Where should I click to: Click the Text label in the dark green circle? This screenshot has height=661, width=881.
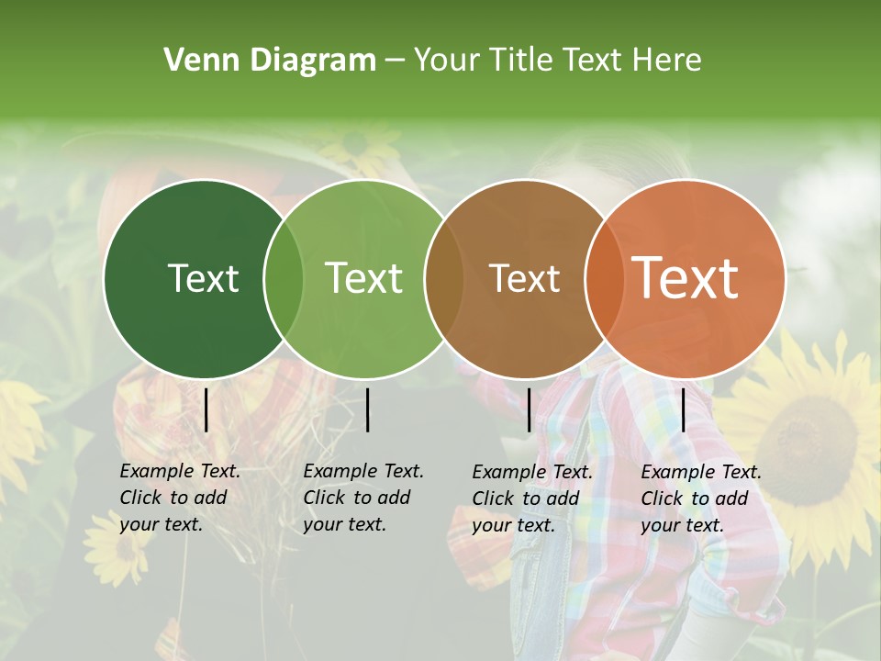pos(203,278)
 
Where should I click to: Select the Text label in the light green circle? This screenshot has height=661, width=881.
pos(364,278)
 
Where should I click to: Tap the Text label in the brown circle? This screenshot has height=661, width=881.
pos(525,278)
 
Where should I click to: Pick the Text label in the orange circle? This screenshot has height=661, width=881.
pos(686,278)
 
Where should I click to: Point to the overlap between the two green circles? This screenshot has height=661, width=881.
pos(284,278)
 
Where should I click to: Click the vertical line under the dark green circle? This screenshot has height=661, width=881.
pos(206,409)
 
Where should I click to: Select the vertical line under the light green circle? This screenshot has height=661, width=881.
pos(367,409)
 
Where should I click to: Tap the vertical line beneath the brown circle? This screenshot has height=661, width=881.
pos(530,409)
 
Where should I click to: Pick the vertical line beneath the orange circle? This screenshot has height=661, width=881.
pos(684,409)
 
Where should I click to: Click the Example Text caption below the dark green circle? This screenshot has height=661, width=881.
pos(179,498)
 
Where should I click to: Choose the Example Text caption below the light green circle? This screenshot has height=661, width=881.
pos(362,498)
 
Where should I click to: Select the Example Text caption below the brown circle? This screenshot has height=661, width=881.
pos(531,499)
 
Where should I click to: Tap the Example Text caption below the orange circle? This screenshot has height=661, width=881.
pos(700,499)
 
